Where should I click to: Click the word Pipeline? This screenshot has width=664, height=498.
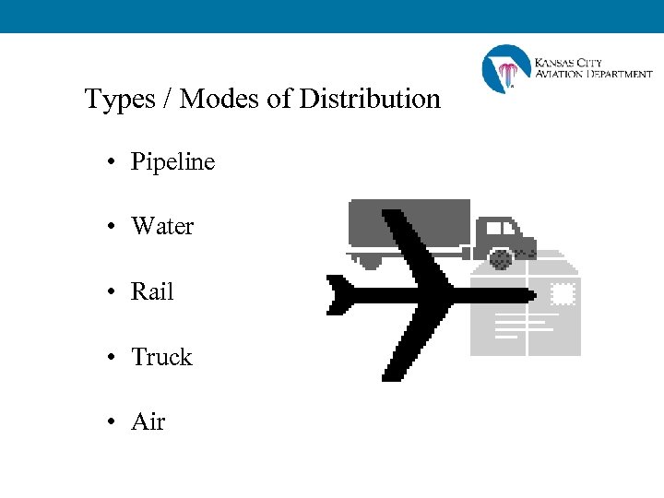tap(172, 162)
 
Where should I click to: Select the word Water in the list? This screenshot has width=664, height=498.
tap(162, 227)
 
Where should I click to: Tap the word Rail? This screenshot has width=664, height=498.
tap(152, 292)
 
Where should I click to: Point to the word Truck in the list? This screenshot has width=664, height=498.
tap(161, 358)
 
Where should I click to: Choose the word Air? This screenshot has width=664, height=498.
tap(148, 422)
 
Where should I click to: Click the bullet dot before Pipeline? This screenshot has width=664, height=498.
tap(110, 163)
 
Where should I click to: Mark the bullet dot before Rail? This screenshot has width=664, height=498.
tap(110, 293)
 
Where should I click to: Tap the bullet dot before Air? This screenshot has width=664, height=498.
tap(110, 423)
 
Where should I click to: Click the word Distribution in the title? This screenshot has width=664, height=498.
tap(370, 99)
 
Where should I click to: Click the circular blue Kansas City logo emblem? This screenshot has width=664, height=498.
tap(505, 69)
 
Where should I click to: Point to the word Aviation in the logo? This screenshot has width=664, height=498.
tap(559, 74)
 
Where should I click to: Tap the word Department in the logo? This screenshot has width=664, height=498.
tap(619, 74)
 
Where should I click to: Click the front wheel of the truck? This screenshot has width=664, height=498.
tap(502, 257)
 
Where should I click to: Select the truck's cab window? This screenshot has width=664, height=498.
tap(499, 228)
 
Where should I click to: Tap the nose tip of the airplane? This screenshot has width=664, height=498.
tap(532, 295)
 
